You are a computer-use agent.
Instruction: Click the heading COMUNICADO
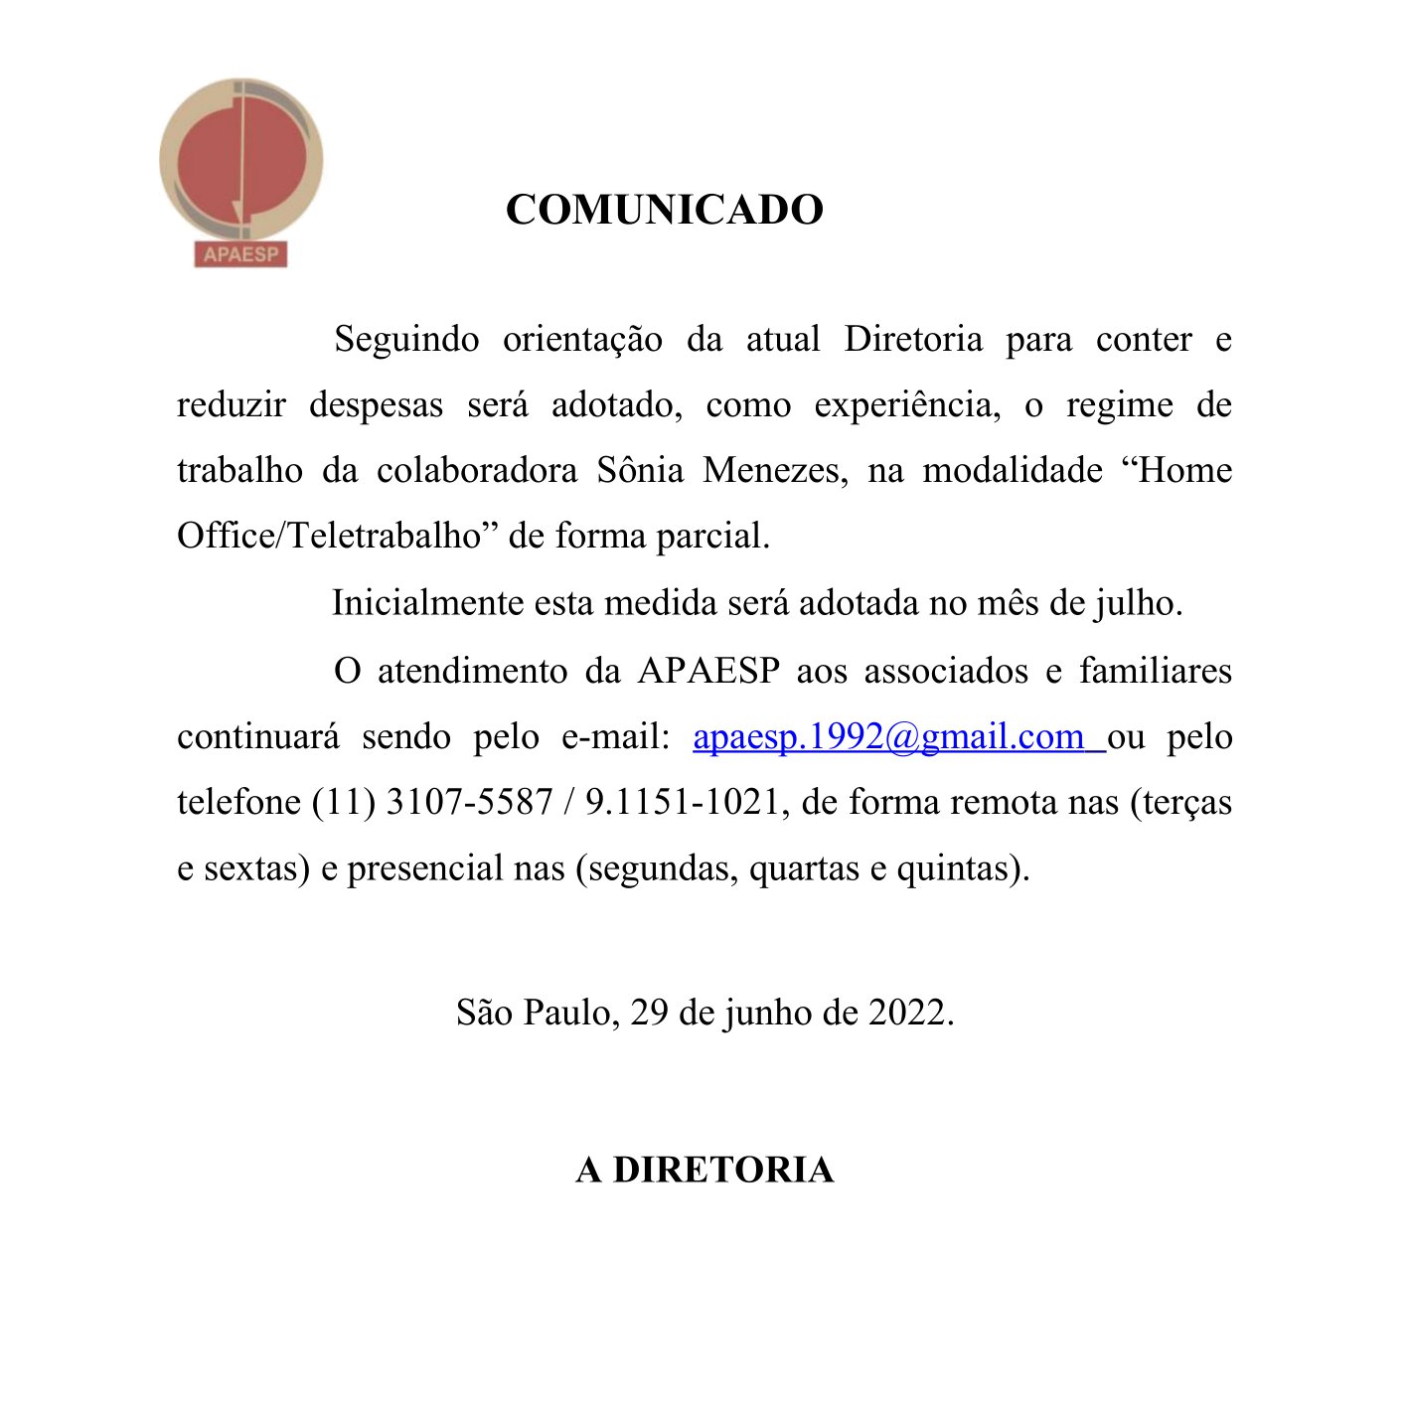tap(664, 210)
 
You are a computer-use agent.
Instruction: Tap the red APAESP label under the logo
tap(240, 254)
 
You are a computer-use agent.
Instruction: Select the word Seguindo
tap(406, 340)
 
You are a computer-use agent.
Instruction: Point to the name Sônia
tap(640, 470)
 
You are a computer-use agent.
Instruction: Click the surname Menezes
tap(775, 470)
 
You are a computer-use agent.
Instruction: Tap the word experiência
tap(906, 405)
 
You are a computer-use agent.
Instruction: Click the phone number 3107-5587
tap(468, 802)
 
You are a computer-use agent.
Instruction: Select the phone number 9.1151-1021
tap(681, 802)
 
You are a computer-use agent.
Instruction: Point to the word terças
tap(1186, 802)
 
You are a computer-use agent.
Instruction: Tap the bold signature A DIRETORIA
tap(704, 1170)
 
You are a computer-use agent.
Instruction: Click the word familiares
tap(1155, 671)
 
